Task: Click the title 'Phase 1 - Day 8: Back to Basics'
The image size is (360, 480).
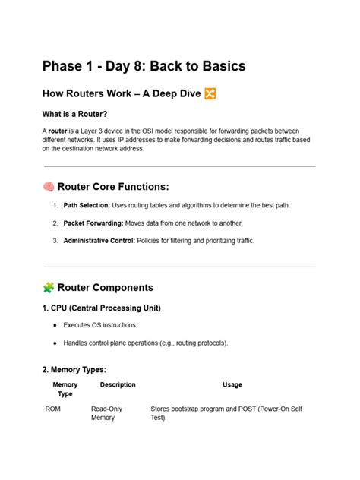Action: click(144, 67)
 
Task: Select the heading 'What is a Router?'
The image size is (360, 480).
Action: click(80, 114)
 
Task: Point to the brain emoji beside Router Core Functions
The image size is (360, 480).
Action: click(48, 187)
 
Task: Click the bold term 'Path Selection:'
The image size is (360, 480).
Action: click(86, 205)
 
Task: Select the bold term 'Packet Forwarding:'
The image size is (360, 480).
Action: click(92, 223)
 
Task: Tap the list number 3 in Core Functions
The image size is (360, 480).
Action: click(55, 241)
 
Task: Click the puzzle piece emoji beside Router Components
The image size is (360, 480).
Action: click(48, 288)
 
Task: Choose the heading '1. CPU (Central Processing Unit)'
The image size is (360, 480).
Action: click(101, 308)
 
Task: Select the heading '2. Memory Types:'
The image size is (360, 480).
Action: click(74, 370)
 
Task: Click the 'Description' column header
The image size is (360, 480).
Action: click(118, 385)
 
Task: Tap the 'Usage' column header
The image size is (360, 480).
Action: click(232, 385)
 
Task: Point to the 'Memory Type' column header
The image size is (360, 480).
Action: click(65, 390)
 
